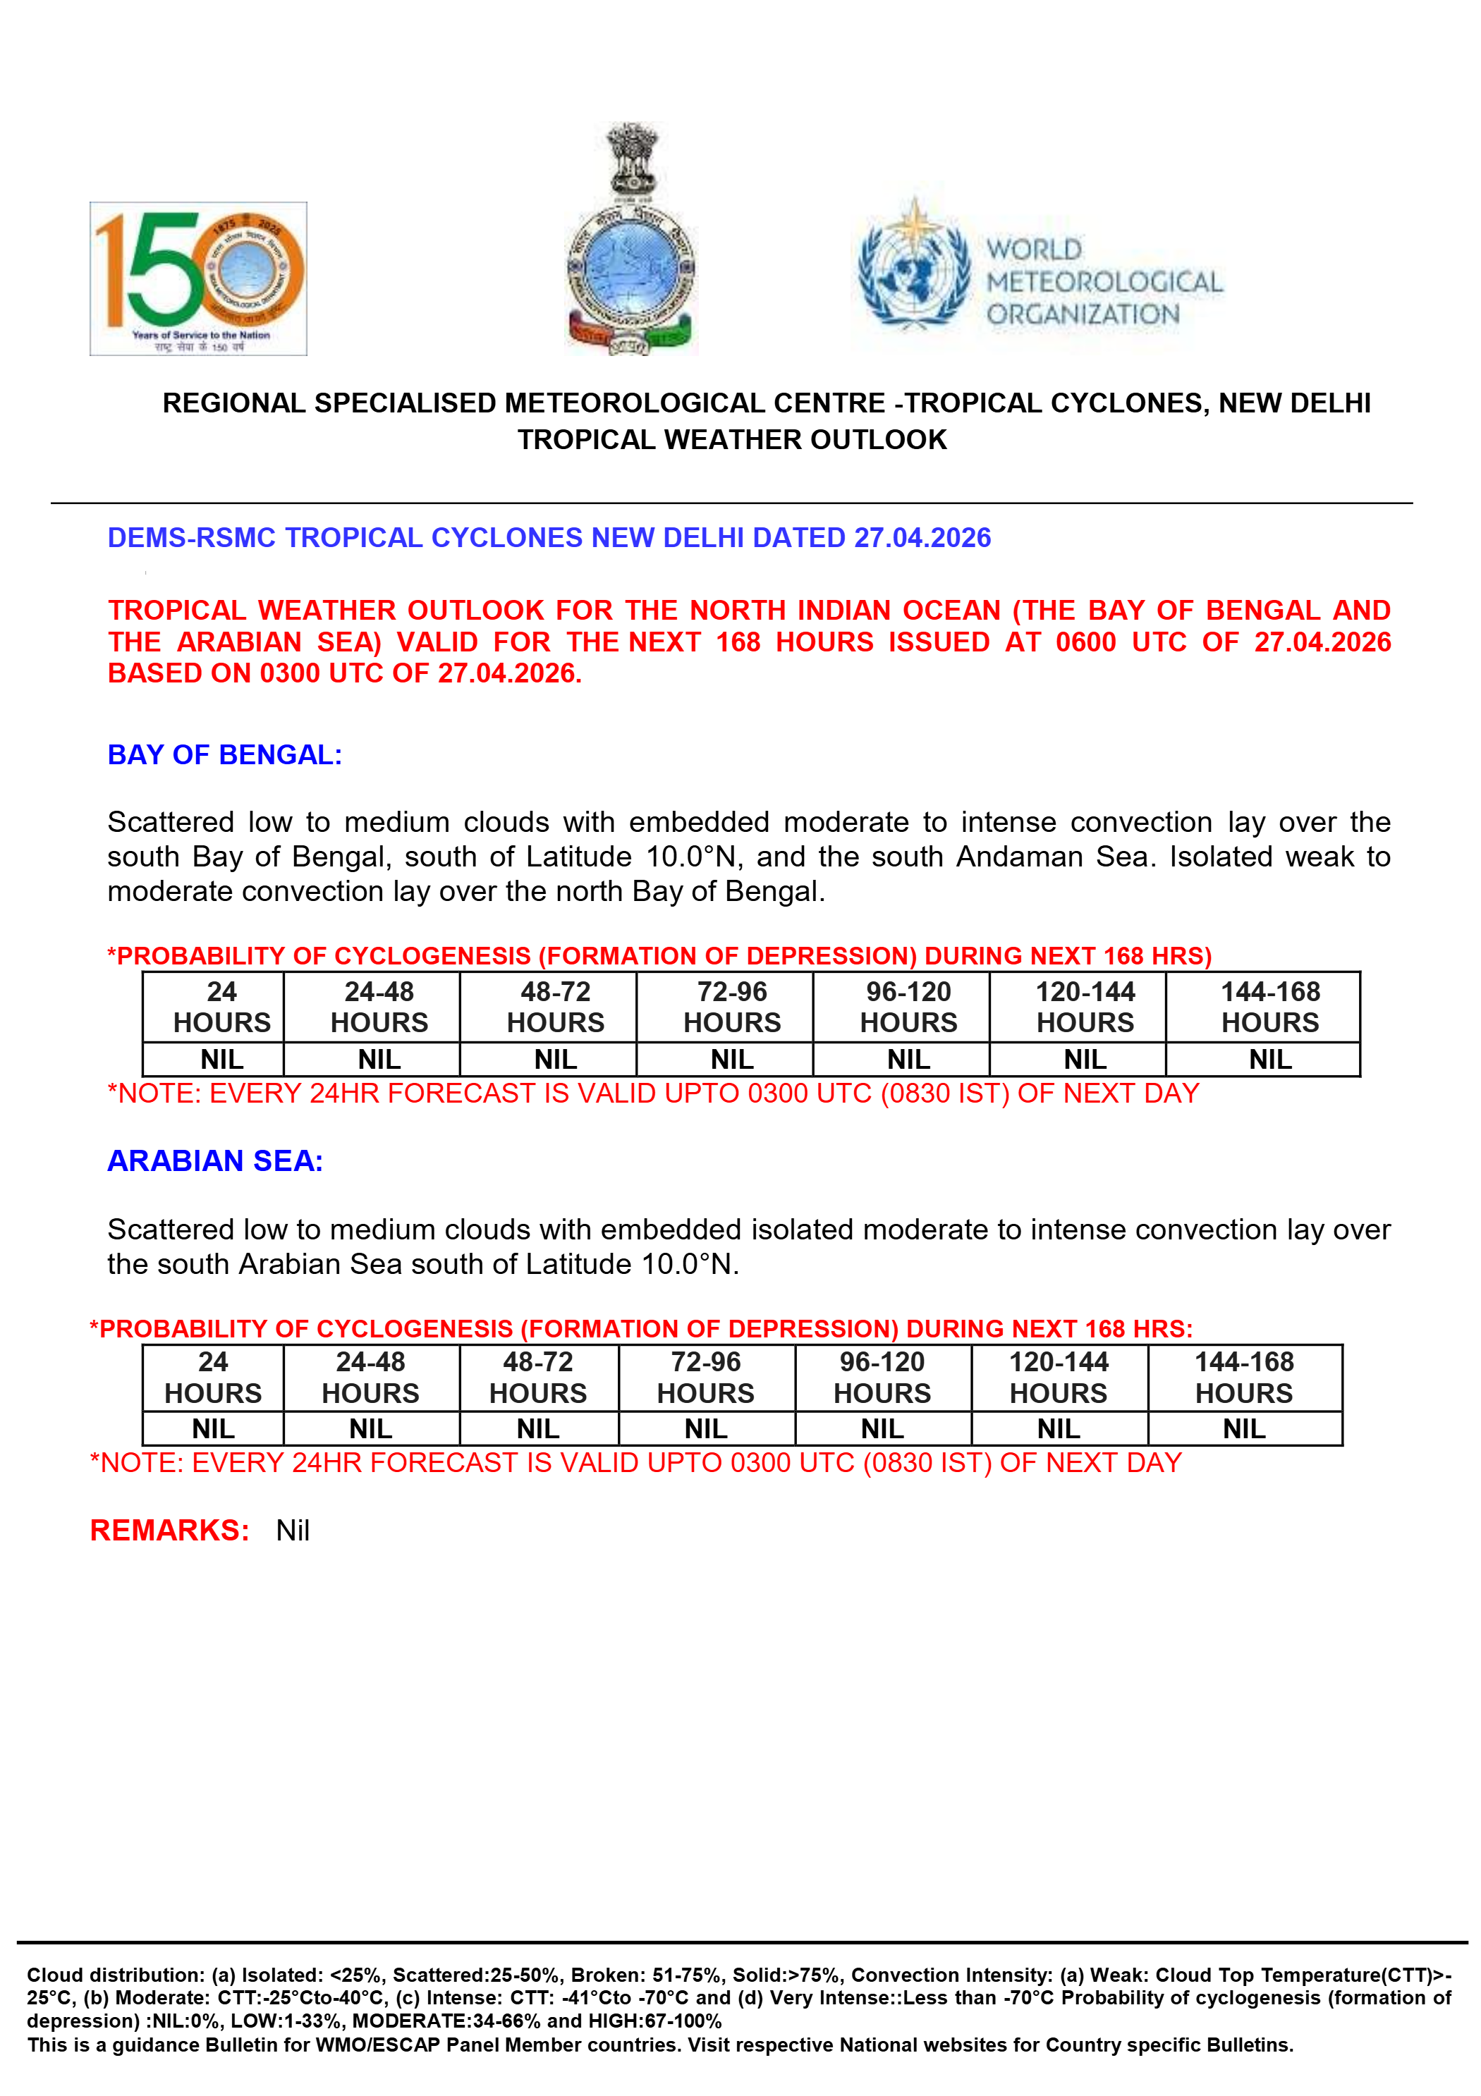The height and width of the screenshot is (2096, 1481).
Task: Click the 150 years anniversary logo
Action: coord(198,278)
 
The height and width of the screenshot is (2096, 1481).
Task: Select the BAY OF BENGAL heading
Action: coord(224,755)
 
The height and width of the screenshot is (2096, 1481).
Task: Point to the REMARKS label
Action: coord(170,1530)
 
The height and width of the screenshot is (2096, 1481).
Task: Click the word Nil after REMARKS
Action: coord(293,1531)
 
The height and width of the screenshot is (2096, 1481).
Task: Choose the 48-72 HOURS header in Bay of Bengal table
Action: coord(555,1007)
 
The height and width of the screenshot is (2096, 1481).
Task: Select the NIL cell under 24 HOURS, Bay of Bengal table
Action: coord(222,1060)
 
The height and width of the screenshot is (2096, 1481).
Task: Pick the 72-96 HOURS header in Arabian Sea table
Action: coord(706,1378)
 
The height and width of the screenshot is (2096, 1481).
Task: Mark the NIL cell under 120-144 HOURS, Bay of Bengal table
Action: coord(1085,1060)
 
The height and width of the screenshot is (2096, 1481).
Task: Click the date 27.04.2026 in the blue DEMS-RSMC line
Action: coord(922,538)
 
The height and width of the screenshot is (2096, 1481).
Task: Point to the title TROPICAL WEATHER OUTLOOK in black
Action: coord(732,440)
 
